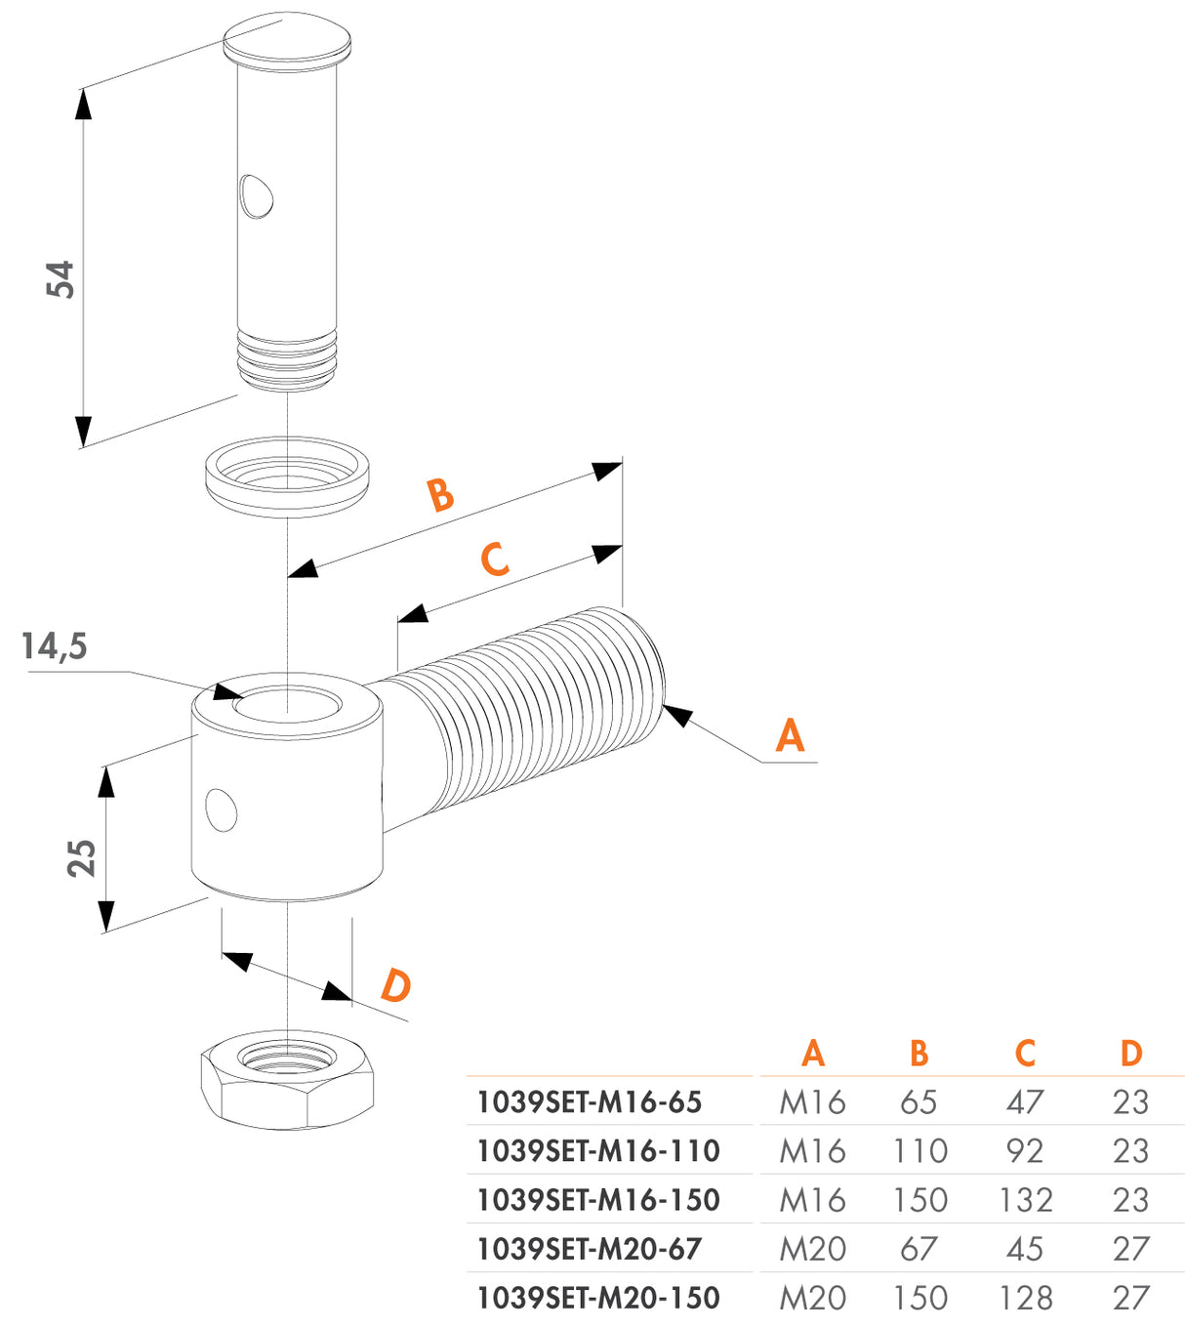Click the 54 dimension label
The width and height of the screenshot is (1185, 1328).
(61, 279)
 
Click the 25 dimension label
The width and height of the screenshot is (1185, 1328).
(82, 857)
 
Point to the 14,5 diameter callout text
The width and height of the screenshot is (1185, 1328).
(55, 646)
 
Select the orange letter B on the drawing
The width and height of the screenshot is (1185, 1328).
(441, 495)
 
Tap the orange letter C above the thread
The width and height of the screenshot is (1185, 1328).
(495, 560)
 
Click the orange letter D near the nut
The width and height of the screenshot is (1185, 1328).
(395, 986)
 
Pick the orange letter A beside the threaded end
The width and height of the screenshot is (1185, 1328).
(790, 735)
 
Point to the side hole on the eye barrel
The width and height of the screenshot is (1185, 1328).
(222, 809)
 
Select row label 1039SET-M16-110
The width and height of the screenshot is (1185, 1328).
(597, 1151)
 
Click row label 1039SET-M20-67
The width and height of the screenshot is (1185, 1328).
(589, 1249)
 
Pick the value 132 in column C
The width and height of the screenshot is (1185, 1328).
(1025, 1200)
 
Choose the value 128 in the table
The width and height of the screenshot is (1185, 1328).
(1025, 1298)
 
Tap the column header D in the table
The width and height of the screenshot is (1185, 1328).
(1130, 1054)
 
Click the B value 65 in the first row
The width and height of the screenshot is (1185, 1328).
(919, 1102)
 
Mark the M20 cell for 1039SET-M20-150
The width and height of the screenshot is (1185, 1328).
(812, 1298)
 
